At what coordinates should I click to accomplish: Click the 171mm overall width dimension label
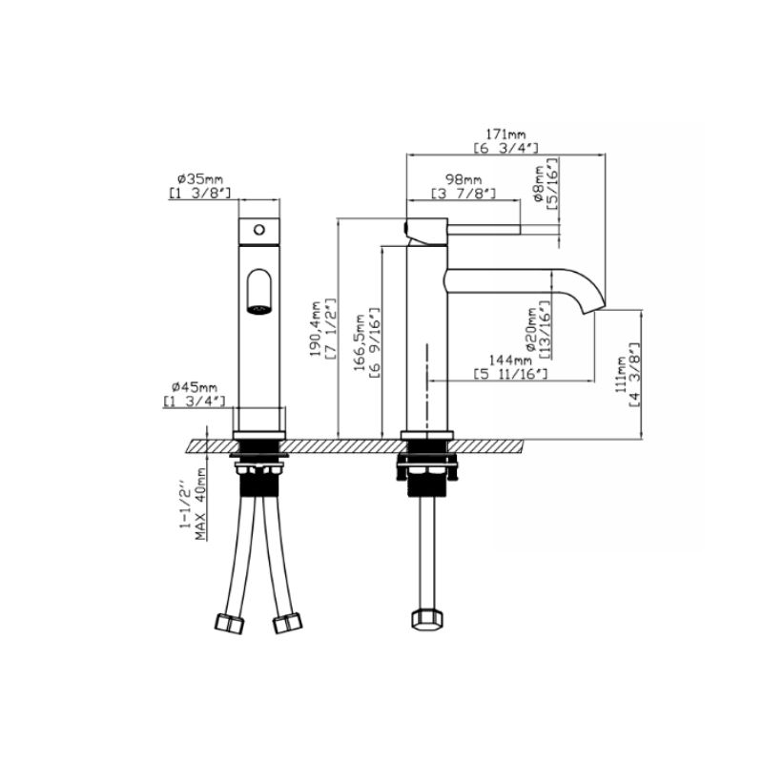[x=506, y=134]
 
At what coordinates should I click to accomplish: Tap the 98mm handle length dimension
[x=464, y=180]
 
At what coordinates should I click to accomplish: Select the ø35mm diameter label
[x=199, y=178]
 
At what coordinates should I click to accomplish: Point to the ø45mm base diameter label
[x=195, y=388]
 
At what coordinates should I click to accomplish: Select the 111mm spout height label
[x=621, y=374]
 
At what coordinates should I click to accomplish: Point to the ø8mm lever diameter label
[x=539, y=183]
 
